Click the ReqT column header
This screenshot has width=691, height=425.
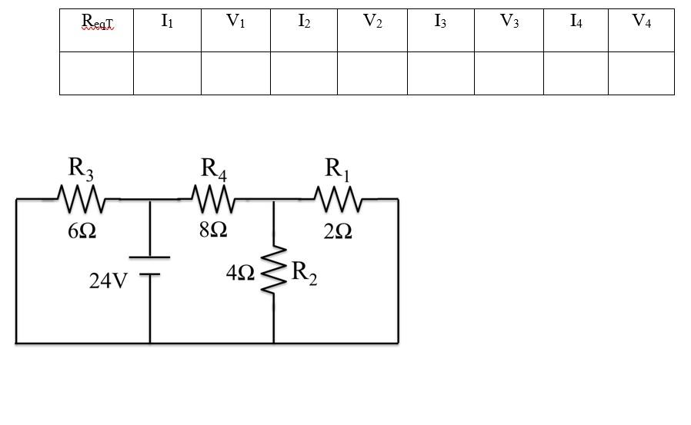click(x=97, y=23)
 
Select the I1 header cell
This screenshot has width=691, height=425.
click(x=167, y=22)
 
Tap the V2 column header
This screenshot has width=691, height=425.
click(x=372, y=22)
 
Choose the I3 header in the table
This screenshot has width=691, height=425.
click(x=440, y=22)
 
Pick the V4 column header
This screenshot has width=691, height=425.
click(x=641, y=22)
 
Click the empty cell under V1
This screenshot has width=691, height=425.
click(x=235, y=73)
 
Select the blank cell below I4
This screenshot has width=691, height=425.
click(x=576, y=73)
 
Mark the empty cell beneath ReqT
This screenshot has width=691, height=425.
click(x=96, y=73)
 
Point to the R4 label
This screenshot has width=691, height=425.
click(x=213, y=168)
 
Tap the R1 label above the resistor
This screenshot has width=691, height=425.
click(x=337, y=168)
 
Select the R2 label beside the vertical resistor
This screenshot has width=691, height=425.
click(x=304, y=273)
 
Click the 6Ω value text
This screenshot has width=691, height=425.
click(x=82, y=231)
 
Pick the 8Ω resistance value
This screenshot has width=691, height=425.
click(x=213, y=230)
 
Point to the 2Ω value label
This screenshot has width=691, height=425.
click(x=338, y=231)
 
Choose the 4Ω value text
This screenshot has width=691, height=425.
click(x=240, y=273)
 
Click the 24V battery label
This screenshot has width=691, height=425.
click(x=108, y=281)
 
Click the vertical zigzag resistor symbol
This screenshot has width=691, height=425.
click(x=274, y=270)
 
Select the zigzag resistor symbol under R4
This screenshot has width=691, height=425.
click(x=213, y=200)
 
